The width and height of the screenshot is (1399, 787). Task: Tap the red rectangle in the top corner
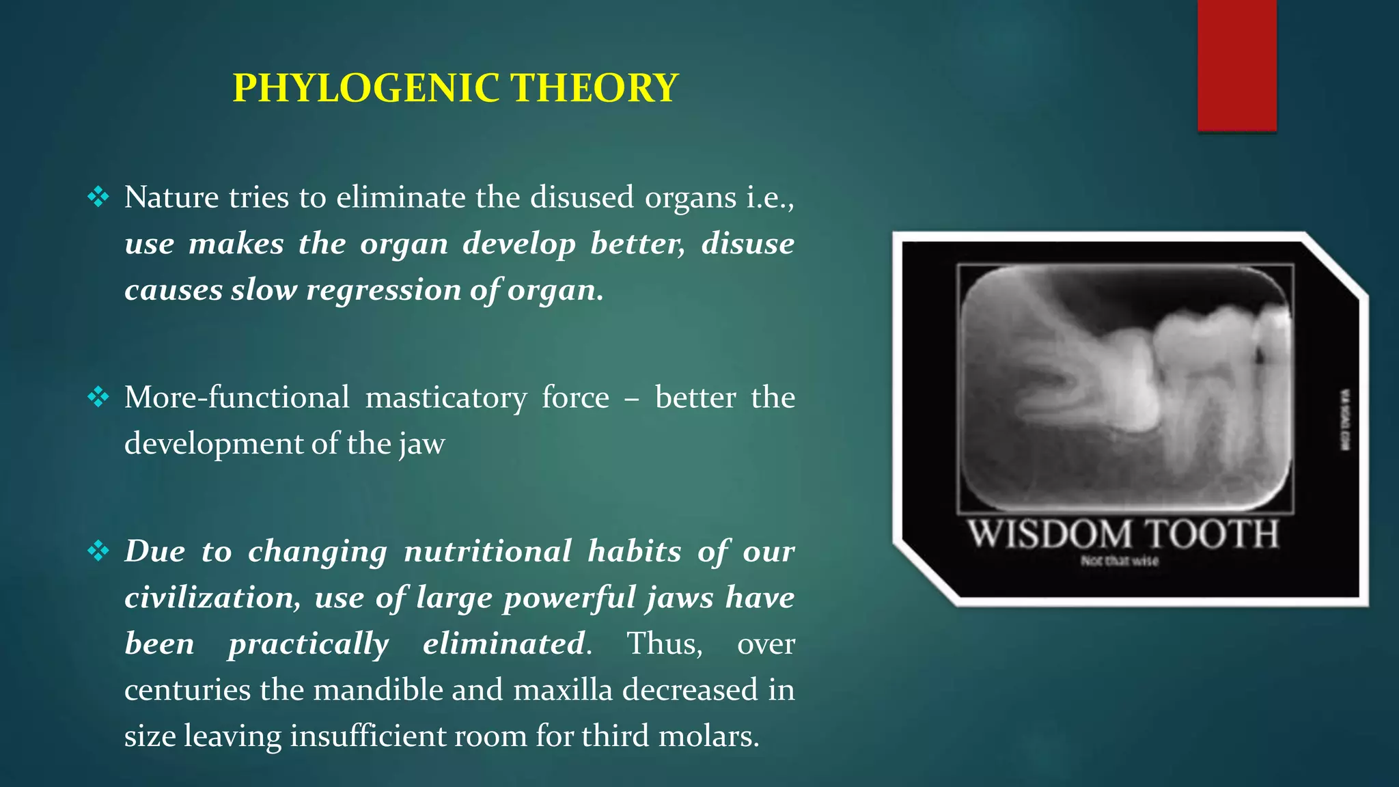[x=1236, y=65]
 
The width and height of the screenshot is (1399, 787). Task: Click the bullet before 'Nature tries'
[x=98, y=197]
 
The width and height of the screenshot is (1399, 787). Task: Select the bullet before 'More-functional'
[x=98, y=397]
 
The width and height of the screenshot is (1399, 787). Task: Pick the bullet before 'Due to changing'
[x=98, y=551]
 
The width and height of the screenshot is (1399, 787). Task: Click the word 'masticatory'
[x=445, y=397]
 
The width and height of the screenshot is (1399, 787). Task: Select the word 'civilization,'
[x=212, y=598]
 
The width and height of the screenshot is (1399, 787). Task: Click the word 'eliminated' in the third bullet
[x=504, y=644]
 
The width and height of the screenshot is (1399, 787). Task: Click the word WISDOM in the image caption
[x=1049, y=534]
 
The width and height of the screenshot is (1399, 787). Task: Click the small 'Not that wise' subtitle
[x=1119, y=561]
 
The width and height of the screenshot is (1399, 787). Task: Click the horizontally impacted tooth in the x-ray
[x=1093, y=383]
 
